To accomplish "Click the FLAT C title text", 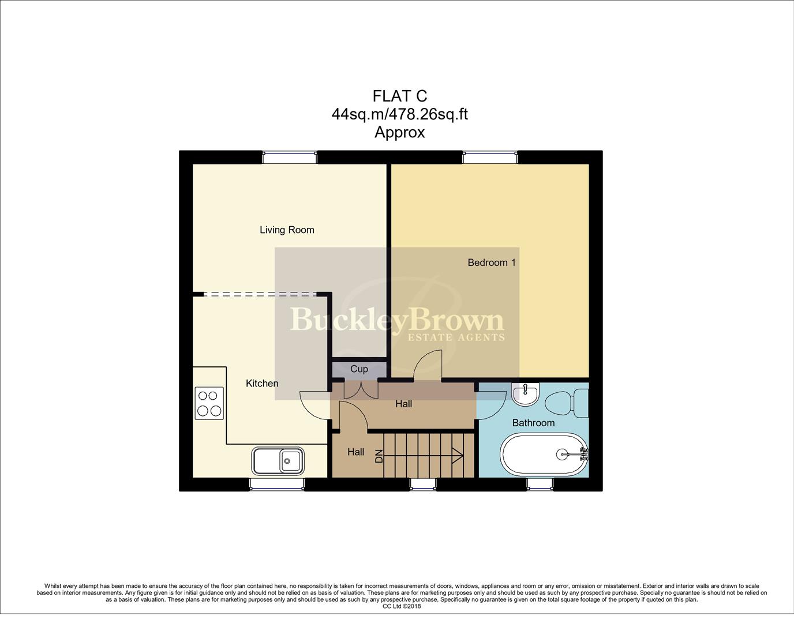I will click(399, 96).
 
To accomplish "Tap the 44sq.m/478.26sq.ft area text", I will click(399, 114).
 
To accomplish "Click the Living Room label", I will click(287, 230).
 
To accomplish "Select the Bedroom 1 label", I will click(491, 262).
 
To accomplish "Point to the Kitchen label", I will click(262, 383).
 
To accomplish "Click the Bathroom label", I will click(533, 423).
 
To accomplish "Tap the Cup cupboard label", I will click(359, 369).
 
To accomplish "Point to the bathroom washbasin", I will click(526, 395).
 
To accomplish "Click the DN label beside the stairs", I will click(379, 456).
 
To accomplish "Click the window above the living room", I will click(289, 157).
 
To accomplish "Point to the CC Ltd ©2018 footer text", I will click(402, 606).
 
